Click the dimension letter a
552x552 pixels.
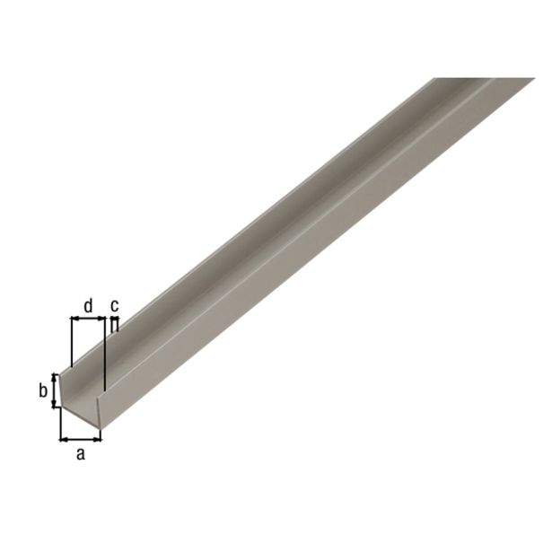coord(80,454)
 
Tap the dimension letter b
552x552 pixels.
coord(41,390)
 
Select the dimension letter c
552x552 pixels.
coord(114,305)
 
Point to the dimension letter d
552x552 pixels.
coord(87,306)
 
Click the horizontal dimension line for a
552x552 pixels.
coord(81,439)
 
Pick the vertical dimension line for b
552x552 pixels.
coord(55,391)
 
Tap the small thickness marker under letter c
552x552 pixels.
coord(114,320)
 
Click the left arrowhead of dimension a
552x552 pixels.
coord(64,439)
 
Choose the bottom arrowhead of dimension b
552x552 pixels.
coord(55,406)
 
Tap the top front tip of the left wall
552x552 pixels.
coord(60,372)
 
